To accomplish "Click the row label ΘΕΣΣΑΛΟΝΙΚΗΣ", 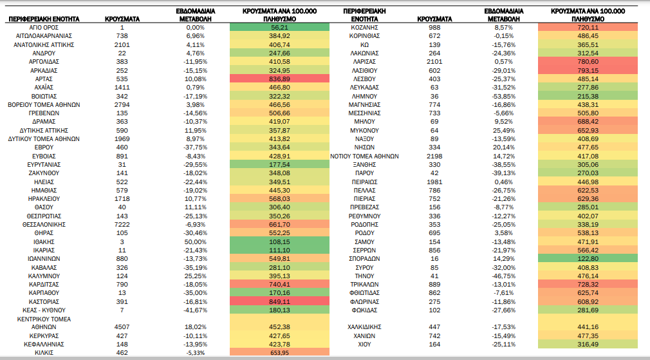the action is click(x=44, y=224).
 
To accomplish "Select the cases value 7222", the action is click(x=122, y=224).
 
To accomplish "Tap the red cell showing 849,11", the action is click(x=279, y=301).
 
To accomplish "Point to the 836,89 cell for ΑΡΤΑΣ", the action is click(x=279, y=79).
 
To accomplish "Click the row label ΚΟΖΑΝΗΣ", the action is click(x=364, y=28).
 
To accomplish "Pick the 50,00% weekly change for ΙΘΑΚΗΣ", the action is click(x=195, y=242).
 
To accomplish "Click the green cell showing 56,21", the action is click(x=279, y=28).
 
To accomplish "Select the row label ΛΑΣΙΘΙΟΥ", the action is click(x=364, y=70).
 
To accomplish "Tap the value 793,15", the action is click(x=588, y=70).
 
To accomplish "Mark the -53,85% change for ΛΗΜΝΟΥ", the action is click(x=504, y=96).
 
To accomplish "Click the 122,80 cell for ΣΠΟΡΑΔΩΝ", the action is click(x=588, y=258).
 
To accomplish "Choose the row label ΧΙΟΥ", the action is click(x=364, y=345).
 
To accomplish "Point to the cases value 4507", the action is click(x=122, y=327).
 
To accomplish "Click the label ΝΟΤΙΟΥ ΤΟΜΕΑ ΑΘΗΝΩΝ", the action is click(x=364, y=156).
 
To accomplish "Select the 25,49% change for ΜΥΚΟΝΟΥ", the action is click(x=504, y=130).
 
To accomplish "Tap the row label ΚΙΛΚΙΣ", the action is click(x=44, y=353).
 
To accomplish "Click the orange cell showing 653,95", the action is click(x=279, y=353).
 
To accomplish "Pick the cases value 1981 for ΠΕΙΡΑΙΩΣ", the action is click(x=434, y=182).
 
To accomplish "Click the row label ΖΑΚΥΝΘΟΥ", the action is click(x=44, y=173).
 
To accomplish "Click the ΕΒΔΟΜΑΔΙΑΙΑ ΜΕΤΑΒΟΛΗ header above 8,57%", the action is click(x=504, y=15).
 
